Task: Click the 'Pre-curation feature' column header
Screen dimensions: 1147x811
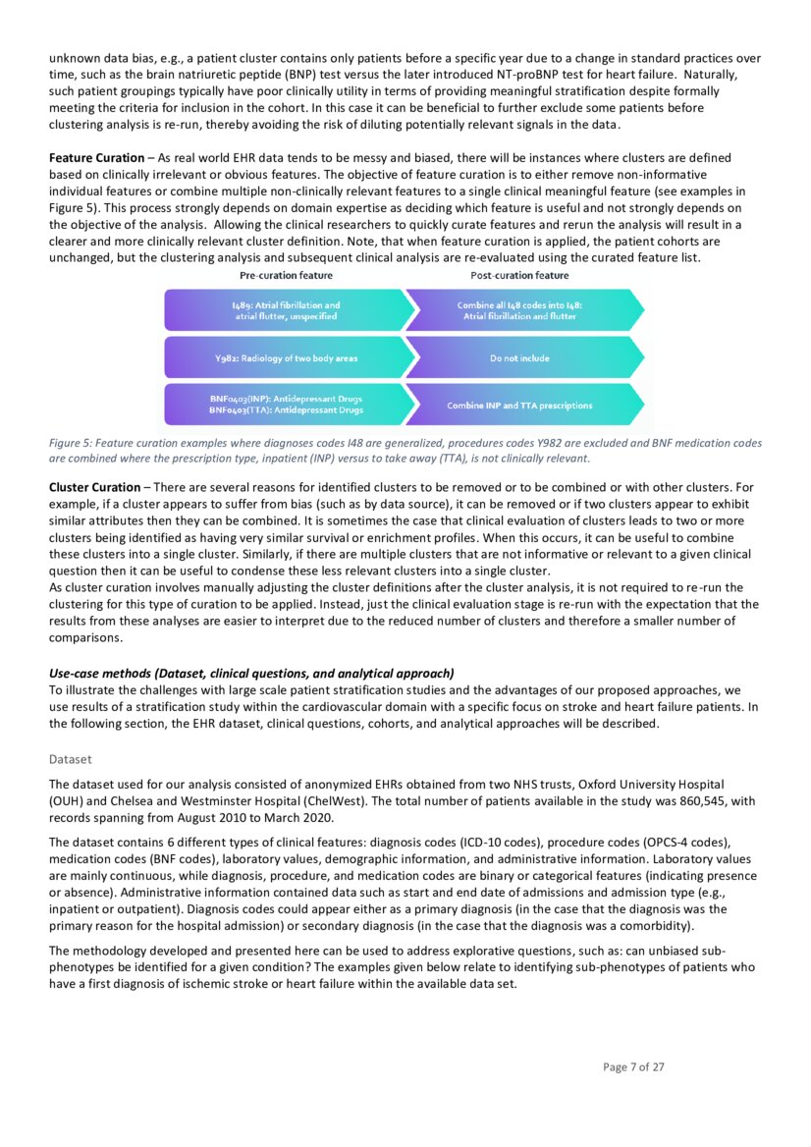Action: tap(286, 276)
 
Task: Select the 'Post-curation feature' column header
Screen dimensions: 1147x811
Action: tap(519, 276)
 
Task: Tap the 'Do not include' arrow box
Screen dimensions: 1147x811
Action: tap(520, 358)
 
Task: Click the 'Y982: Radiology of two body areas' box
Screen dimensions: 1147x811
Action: tap(286, 358)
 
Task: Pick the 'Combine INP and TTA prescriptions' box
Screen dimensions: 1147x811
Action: tap(520, 405)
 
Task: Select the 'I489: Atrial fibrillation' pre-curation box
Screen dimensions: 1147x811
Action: tap(286, 311)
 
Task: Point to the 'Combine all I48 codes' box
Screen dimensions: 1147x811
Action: tap(520, 311)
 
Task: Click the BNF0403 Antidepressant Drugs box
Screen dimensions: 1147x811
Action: tap(286, 405)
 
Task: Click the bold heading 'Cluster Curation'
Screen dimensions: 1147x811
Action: tap(94, 487)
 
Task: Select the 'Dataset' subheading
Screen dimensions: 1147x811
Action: tap(70, 759)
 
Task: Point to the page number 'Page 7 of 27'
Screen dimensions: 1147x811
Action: tap(633, 1067)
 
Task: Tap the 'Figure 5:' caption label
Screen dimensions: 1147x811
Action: tap(71, 443)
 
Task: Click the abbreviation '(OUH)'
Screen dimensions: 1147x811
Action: tap(66, 801)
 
